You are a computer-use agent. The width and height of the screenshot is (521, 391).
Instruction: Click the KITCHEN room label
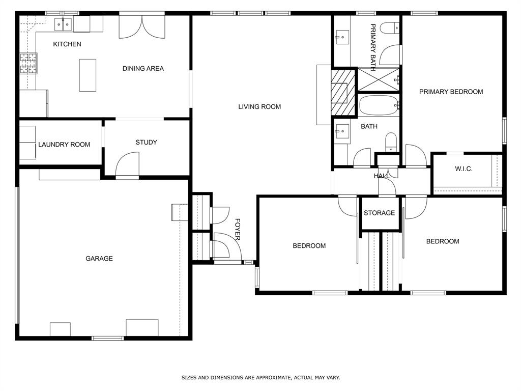point(67,44)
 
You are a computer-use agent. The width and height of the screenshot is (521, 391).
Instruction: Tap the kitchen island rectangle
point(88,75)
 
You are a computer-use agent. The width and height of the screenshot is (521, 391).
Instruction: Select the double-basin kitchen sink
point(64,24)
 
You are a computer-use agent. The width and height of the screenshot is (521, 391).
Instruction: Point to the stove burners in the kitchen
point(28,63)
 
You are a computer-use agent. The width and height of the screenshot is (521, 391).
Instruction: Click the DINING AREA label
point(143,68)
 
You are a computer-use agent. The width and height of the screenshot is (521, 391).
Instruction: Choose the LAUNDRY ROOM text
point(64,145)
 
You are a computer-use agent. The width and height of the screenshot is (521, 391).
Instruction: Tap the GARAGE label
point(99,259)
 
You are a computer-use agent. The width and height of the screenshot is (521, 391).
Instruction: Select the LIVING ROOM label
point(259,107)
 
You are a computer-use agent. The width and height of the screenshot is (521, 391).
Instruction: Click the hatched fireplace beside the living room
point(343,93)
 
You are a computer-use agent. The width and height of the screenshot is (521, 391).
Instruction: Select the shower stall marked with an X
point(379,79)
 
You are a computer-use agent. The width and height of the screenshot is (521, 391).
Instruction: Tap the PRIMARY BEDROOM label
point(451,92)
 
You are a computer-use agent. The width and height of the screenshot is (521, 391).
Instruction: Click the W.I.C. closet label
point(464,169)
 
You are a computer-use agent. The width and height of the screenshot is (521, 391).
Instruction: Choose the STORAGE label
point(379,213)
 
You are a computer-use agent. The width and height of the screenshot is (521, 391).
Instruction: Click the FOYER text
point(237,230)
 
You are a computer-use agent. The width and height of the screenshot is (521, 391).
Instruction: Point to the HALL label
point(381,176)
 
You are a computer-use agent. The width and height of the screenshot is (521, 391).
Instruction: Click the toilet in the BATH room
point(391,141)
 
